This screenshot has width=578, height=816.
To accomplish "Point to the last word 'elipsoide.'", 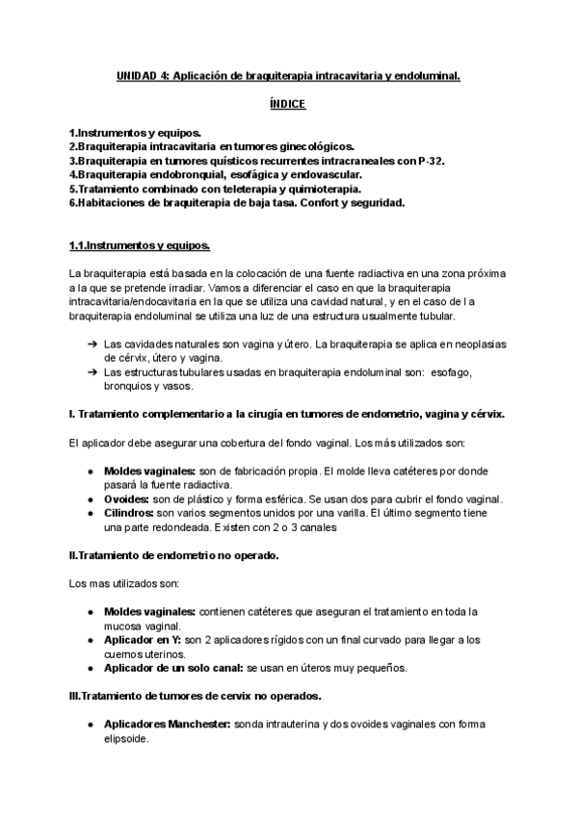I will point(127,739).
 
